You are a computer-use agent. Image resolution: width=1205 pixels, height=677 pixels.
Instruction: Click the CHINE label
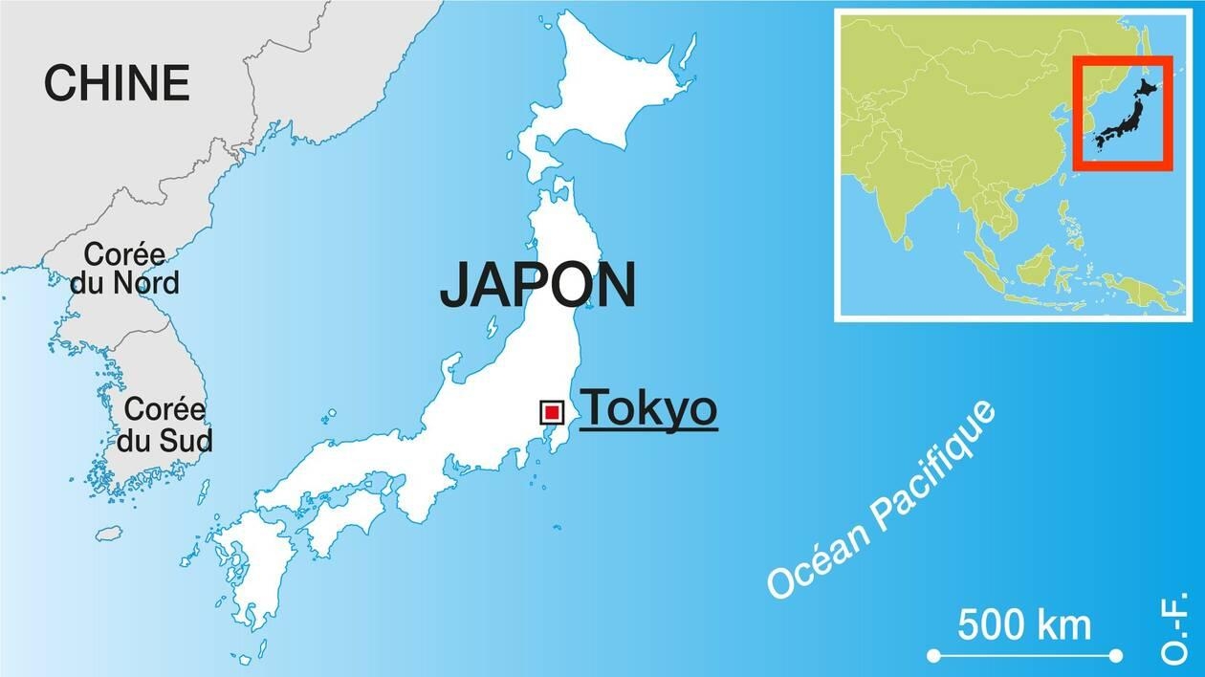[116, 83]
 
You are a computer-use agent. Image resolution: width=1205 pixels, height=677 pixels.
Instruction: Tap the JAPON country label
[537, 284]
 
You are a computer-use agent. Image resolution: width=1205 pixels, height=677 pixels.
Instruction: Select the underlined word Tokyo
[648, 409]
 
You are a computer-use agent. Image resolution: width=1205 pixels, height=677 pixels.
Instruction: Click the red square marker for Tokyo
[552, 412]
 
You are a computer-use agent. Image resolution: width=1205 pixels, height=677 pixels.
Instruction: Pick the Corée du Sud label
[164, 425]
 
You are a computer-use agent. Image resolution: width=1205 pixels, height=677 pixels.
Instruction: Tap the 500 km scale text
[1024, 625]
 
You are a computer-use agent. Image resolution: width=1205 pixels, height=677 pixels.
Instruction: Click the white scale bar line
[1025, 655]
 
